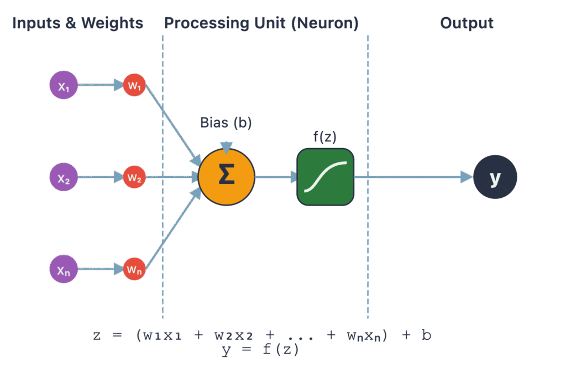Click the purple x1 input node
64,86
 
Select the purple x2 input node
64,178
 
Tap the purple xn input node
64,269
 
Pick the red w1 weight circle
134,86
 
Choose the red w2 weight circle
134,177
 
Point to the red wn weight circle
134,269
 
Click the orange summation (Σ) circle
227,177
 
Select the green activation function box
325,177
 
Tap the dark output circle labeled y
495,177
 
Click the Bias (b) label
226,123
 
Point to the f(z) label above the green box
326,136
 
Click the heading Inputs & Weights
77,23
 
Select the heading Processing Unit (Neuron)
261,23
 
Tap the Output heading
467,23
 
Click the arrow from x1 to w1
99,86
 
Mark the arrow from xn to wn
99,269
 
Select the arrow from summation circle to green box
275,177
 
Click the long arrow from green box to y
412,177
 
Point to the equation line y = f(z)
260,349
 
